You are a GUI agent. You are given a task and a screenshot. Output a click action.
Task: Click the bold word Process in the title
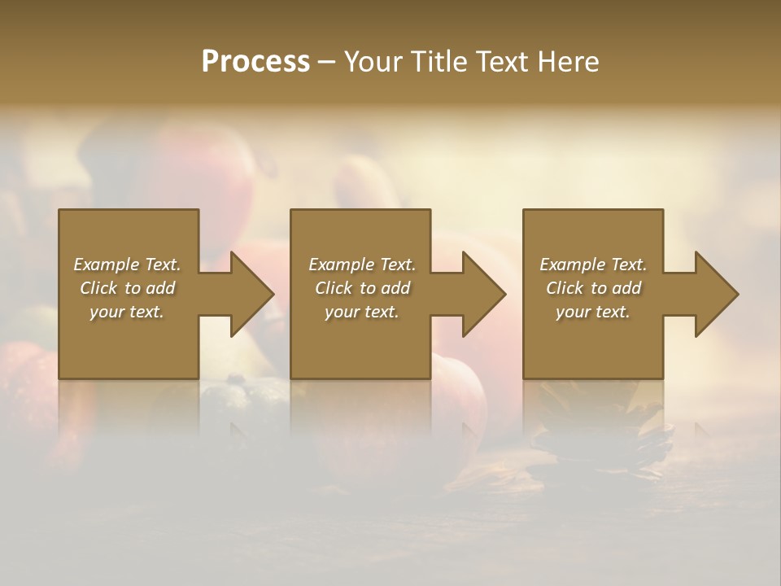click(255, 62)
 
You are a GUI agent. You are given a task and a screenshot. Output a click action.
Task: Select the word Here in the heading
click(567, 62)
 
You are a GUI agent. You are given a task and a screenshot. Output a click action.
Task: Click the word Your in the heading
click(374, 62)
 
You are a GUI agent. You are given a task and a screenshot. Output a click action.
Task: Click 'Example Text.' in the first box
click(127, 265)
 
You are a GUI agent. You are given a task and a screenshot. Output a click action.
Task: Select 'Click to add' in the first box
click(127, 288)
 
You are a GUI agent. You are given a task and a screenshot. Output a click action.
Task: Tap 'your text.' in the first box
click(127, 312)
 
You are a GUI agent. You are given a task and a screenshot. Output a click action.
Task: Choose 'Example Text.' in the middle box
click(361, 265)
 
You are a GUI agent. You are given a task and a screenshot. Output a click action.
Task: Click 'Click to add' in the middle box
click(361, 288)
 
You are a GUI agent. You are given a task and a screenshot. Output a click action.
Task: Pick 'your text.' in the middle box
click(361, 312)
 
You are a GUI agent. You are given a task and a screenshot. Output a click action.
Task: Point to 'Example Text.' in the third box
click(593, 265)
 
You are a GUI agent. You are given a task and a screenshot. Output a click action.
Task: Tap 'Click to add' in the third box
click(593, 288)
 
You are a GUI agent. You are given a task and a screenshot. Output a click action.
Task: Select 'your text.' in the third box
click(593, 312)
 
